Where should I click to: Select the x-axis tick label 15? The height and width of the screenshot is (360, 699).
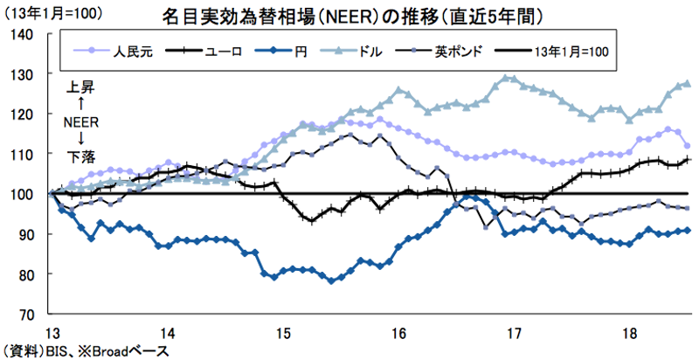coord(283,332)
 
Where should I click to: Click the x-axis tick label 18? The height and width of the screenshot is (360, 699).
coord(627,332)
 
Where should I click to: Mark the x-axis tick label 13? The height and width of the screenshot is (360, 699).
coord(53,332)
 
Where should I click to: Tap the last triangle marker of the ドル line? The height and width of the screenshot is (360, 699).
coord(688,84)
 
